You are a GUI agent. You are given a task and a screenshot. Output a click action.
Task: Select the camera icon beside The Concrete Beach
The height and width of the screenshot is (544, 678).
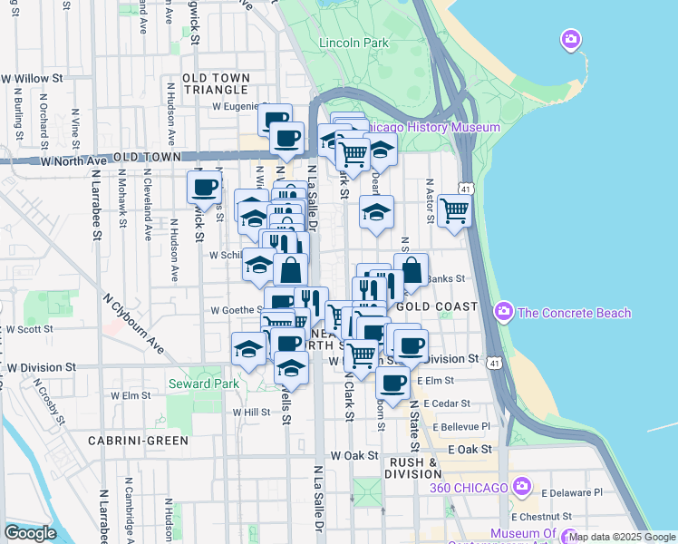(x=504, y=313)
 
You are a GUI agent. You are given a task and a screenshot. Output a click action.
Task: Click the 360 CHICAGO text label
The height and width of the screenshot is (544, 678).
(x=469, y=488)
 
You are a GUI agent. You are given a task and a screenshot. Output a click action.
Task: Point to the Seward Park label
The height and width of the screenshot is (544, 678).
(x=199, y=384)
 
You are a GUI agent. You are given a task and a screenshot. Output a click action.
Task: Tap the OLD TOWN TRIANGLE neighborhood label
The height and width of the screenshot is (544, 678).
(x=216, y=83)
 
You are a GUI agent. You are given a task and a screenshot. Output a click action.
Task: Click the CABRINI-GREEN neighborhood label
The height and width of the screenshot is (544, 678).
(x=138, y=441)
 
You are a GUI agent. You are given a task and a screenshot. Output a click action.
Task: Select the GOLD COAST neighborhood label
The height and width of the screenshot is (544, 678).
(x=437, y=307)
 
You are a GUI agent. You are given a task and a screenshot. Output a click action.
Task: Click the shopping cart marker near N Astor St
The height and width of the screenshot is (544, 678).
(x=454, y=210)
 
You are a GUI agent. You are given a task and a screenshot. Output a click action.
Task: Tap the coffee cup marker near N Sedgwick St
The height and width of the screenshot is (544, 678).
(x=204, y=188)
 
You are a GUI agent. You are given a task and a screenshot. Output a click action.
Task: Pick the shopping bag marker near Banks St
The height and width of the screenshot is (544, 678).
(x=411, y=269)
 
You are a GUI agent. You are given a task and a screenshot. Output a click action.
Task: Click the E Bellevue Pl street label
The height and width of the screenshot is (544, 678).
(x=461, y=426)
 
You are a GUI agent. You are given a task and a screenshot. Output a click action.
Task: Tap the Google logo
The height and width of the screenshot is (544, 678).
(x=30, y=533)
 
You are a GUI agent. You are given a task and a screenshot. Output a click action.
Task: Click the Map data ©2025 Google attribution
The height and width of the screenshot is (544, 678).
(x=622, y=538)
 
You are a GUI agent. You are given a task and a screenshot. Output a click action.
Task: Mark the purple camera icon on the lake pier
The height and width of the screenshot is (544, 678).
(x=571, y=39)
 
